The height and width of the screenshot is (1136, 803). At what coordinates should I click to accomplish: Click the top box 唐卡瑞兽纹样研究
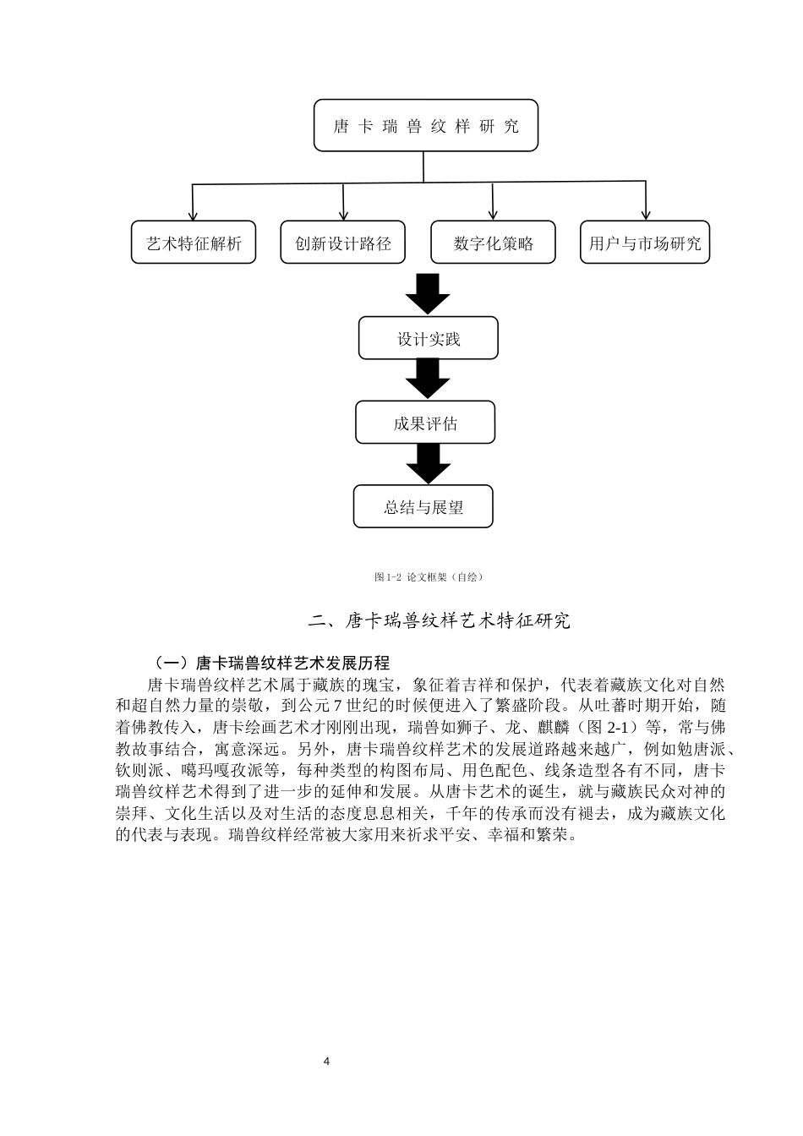(x=426, y=126)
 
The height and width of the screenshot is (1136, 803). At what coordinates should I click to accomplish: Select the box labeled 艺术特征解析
(x=194, y=243)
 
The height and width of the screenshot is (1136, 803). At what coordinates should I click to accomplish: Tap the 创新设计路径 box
(x=343, y=243)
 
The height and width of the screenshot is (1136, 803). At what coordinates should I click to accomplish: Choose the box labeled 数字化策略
(x=494, y=243)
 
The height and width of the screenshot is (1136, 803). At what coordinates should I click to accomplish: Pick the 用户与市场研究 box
(x=645, y=243)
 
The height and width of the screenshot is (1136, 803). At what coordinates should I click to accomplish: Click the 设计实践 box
(x=429, y=339)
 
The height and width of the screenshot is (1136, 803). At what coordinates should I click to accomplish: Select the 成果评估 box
(x=425, y=423)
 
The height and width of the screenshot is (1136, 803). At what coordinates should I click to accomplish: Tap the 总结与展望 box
(x=423, y=507)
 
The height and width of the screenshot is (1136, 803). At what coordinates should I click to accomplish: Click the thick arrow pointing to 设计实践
(x=428, y=292)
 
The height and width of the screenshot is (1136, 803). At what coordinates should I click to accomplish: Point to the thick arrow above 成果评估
(x=428, y=379)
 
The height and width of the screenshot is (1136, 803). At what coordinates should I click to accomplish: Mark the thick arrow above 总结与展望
(x=428, y=463)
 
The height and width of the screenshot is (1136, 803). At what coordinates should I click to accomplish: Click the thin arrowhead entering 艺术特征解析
(x=194, y=216)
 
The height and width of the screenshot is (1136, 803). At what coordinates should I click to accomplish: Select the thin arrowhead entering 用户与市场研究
(x=646, y=216)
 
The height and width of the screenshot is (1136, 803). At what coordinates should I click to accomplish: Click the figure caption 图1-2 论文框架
(x=428, y=577)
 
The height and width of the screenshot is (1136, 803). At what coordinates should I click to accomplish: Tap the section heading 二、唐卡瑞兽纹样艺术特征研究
(x=440, y=621)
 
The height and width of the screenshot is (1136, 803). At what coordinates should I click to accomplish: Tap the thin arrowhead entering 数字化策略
(x=493, y=216)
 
